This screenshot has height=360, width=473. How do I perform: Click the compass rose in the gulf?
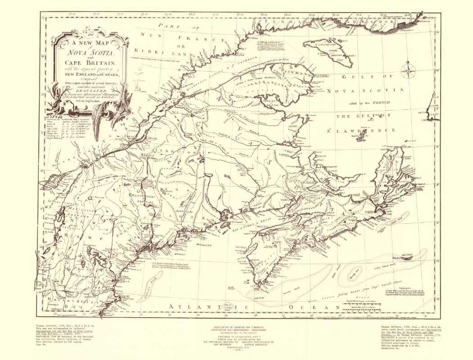point(410,71)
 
